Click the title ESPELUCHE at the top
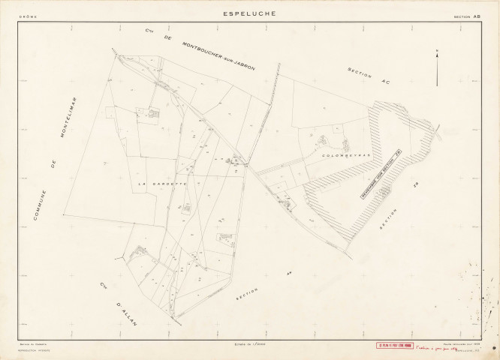(249, 13)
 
